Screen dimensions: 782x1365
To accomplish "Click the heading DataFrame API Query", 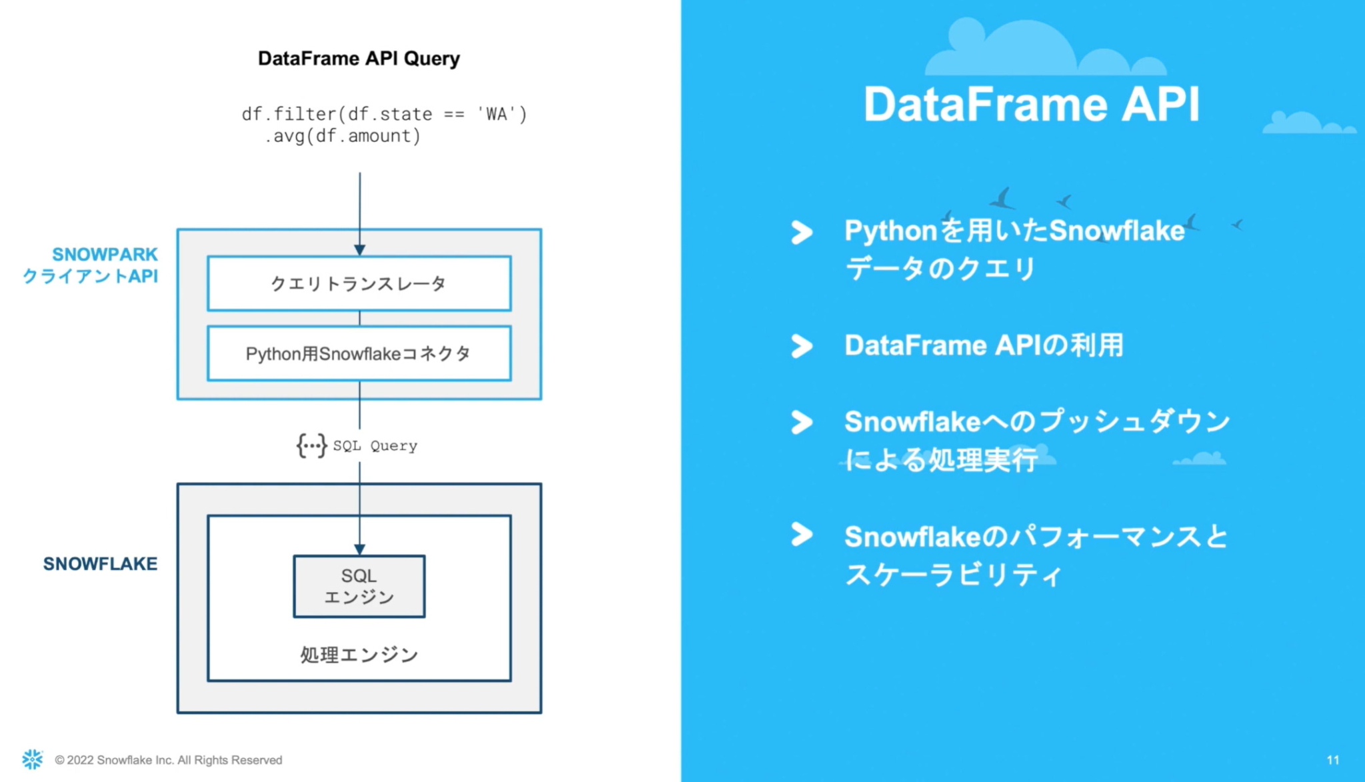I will (359, 59).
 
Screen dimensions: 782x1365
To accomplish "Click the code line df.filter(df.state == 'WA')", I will (384, 114).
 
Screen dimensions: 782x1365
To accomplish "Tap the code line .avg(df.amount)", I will (343, 136).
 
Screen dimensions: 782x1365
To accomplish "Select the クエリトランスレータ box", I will (359, 283).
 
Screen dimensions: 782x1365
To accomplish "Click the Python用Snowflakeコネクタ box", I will (359, 353).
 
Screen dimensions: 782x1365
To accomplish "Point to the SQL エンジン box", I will (359, 586).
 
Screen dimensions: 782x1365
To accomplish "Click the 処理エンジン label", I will (359, 655).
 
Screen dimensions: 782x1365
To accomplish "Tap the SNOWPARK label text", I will (105, 254).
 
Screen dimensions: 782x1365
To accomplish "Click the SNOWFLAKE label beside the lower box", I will (100, 564).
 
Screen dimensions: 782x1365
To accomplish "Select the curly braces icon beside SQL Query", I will (311, 445).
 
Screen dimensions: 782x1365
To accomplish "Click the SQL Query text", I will (375, 446).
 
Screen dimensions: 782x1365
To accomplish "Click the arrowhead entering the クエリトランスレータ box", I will (359, 250).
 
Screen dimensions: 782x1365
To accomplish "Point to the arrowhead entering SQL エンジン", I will (359, 549).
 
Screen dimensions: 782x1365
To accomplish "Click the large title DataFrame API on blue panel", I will (1031, 105).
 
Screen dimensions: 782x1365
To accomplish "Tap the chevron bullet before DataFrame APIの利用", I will (802, 345).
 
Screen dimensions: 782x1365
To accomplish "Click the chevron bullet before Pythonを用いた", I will (802, 232).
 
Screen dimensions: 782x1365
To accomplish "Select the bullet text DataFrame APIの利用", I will (984, 345).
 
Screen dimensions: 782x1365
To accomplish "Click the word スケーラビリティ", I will (953, 575).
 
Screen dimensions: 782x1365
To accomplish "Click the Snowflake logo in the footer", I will (32, 759).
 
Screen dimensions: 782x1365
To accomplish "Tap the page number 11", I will (1332, 760).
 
